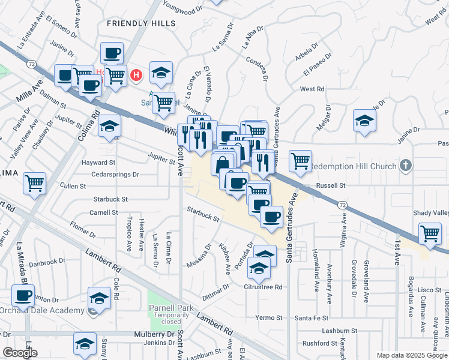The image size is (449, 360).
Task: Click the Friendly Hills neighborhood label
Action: pos(141,23)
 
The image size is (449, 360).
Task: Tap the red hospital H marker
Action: pos(137,76)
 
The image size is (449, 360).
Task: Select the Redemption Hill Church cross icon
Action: pos(406,166)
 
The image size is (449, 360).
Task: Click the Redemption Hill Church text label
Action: pos(355,166)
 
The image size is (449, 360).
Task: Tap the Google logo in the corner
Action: pos(20,353)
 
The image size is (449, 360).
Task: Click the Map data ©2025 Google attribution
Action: pos(411,355)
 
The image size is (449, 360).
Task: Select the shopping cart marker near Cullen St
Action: pos(35,182)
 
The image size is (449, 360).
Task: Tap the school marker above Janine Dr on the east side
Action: pos(364,119)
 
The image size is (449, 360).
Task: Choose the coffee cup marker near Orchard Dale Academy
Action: pos(23,295)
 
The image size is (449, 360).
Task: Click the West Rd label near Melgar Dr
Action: pos(312,89)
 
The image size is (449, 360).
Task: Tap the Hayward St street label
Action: pos(100,163)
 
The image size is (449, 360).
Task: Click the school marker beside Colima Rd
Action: pos(109,125)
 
